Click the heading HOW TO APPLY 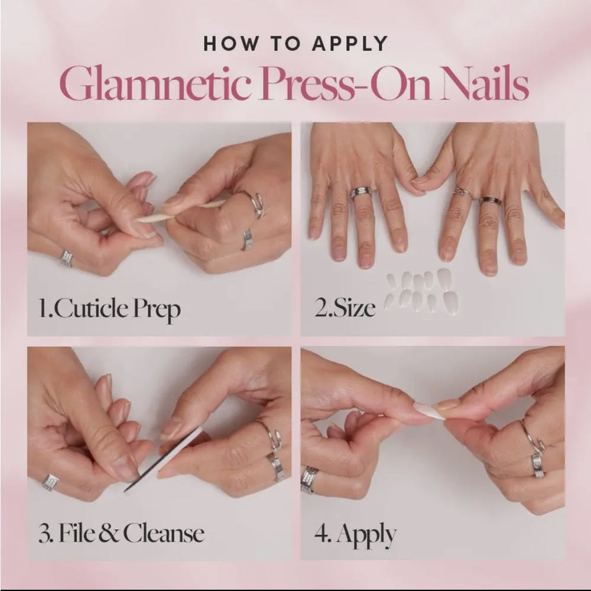click(x=295, y=44)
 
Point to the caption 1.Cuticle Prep click(x=109, y=309)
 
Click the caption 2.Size click(x=345, y=309)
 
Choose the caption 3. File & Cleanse click(x=121, y=534)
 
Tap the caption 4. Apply click(x=355, y=535)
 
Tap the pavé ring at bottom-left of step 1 click(x=67, y=258)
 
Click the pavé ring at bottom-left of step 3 click(x=50, y=482)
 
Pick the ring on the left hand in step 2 click(x=360, y=193)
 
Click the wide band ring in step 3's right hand click(x=275, y=466)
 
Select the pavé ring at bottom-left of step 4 click(x=309, y=479)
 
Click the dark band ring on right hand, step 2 click(x=491, y=202)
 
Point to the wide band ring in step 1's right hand click(x=246, y=239)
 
